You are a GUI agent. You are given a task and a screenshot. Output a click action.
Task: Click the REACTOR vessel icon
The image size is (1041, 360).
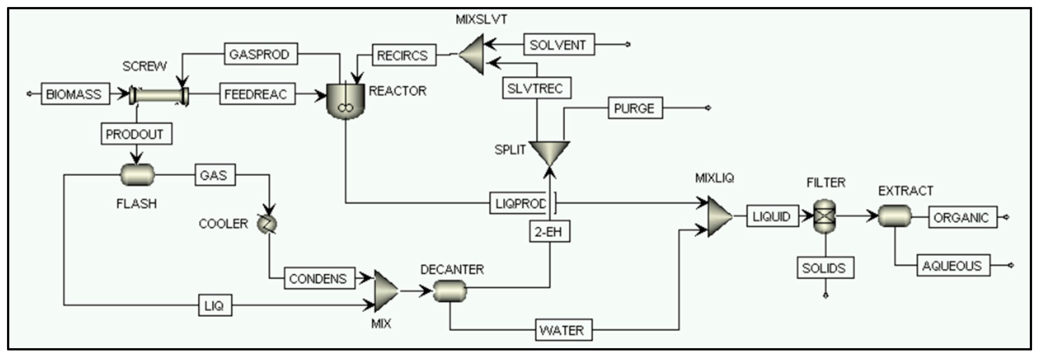click(345, 101)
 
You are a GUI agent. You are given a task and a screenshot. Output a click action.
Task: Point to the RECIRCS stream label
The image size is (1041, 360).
click(403, 55)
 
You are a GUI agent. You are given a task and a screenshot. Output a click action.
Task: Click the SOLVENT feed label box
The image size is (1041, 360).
click(558, 45)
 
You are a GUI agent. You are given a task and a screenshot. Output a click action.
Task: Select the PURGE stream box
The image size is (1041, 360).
click(635, 108)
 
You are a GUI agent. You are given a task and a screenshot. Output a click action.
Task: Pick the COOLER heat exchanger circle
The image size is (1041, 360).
click(267, 223)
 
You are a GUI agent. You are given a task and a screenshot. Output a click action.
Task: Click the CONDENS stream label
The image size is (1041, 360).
click(319, 278)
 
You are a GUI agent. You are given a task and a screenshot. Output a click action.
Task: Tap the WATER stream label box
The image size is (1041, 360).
click(563, 330)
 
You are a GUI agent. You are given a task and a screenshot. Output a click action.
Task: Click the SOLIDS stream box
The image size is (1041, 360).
click(825, 268)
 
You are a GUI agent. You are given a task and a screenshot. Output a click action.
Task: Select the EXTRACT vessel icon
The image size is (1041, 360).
click(895, 216)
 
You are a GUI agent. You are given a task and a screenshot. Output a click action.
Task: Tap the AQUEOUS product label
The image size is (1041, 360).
click(953, 266)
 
